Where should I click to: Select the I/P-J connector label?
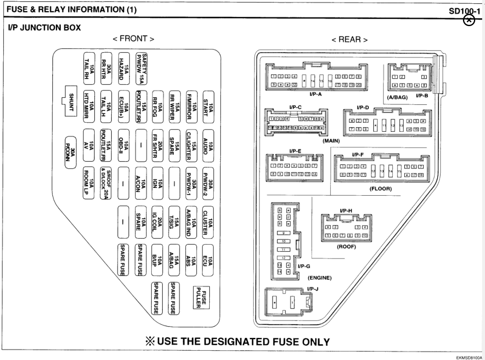coord(313,289)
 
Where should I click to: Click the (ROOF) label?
coord(347,246)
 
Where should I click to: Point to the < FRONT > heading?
coord(133,40)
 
